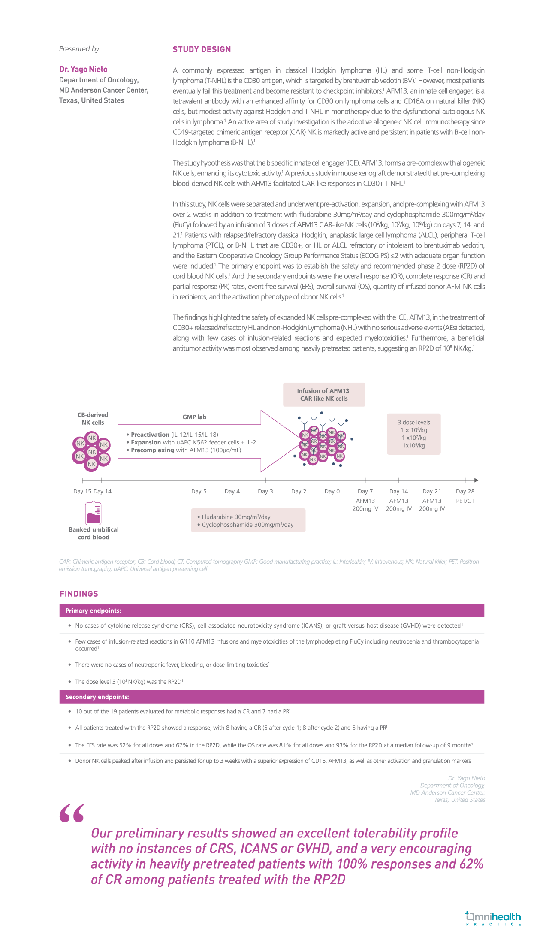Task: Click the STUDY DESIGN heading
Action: tap(202, 49)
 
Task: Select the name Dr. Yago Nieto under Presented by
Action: tap(83, 69)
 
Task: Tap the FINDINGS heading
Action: tap(79, 594)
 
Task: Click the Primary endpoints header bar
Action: tap(271, 611)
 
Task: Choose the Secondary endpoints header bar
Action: tap(271, 697)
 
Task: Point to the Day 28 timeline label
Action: tap(465, 491)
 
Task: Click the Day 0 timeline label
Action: tap(332, 491)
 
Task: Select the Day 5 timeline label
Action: tap(199, 491)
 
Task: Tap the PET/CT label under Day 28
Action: tap(465, 501)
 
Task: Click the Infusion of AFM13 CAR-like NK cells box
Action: tap(324, 395)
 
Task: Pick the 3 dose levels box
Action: tap(414, 434)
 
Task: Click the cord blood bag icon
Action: tap(93, 513)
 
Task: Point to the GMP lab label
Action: tap(194, 417)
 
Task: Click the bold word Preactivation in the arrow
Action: tap(150, 435)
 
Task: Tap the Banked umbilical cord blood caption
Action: tap(94, 533)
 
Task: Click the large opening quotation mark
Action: tap(72, 813)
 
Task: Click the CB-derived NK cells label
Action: tap(93, 419)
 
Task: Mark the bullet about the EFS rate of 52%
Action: tap(274, 745)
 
